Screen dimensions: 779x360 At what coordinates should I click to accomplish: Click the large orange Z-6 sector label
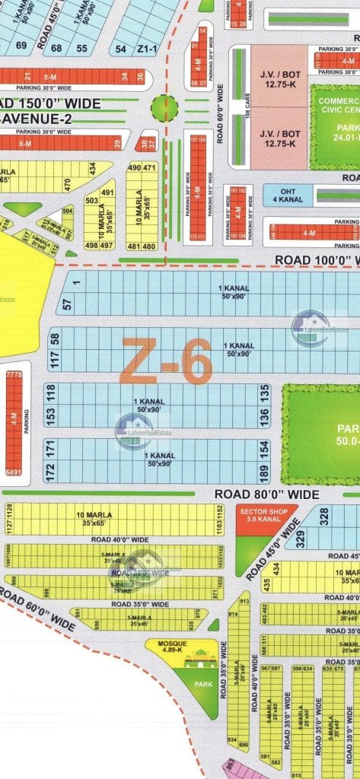pos(166,362)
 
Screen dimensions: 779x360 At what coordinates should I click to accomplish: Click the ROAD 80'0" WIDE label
pos(266,494)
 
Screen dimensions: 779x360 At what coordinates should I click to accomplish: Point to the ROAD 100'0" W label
pos(316,260)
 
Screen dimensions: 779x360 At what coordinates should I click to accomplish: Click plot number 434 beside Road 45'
pos(276,568)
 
